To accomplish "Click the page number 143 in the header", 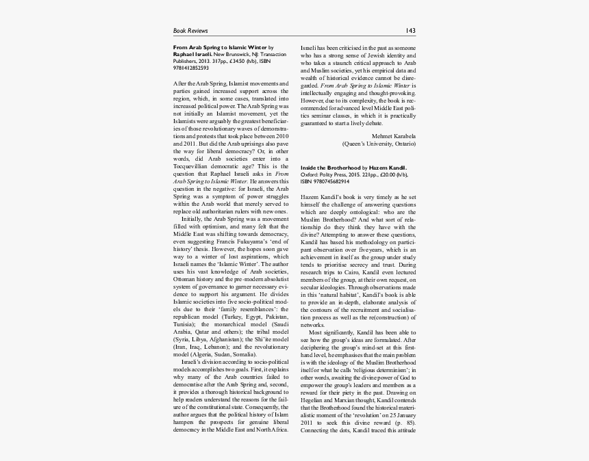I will [410, 31].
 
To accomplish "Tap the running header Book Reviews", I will [190, 31].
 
